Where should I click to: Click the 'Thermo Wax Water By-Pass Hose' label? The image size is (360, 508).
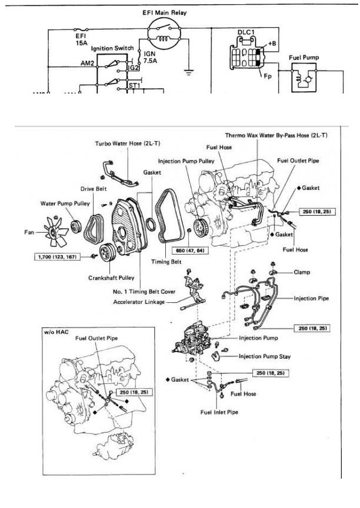276,135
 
